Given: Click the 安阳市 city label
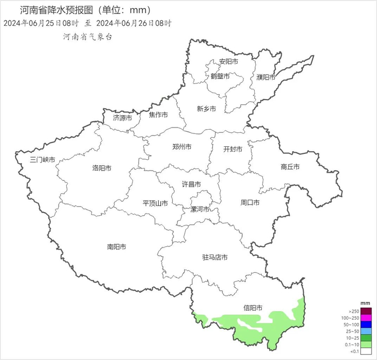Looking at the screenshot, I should click(x=228, y=62).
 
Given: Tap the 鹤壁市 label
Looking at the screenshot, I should click(x=220, y=77).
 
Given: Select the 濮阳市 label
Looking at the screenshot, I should click(x=266, y=77).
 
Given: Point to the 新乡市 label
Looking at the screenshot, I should click(x=206, y=109).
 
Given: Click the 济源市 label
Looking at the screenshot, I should click(x=122, y=117).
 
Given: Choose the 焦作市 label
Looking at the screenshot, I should click(x=158, y=115).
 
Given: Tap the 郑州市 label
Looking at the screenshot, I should click(x=181, y=147).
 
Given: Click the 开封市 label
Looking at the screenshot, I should click(x=233, y=149).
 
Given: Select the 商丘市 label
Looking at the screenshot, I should click(x=290, y=167).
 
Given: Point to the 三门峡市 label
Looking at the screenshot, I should click(x=42, y=160).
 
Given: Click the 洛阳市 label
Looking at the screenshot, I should click(x=102, y=168).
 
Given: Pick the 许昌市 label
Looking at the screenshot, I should click(x=191, y=184).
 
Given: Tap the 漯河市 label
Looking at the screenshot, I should click(x=200, y=209).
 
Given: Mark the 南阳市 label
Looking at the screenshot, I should click(x=116, y=247).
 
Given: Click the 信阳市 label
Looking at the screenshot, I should click(x=253, y=308).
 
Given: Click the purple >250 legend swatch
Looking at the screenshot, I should click(x=366, y=311).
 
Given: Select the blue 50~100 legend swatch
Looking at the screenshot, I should click(x=366, y=324).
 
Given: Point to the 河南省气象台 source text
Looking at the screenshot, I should click(x=88, y=37).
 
